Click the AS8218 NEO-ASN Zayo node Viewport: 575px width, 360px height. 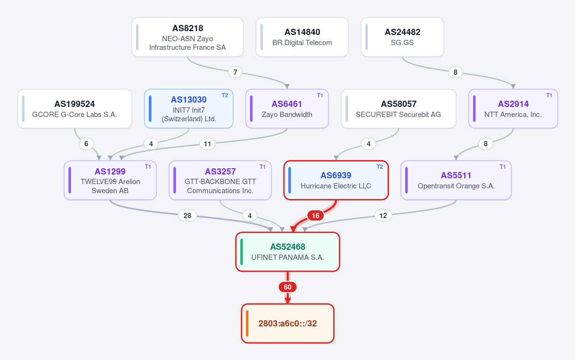pos(188,37)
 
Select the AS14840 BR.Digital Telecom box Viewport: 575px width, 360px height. pos(302,37)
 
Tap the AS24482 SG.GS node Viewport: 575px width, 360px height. pos(402,37)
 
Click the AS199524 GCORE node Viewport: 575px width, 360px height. pos(75,109)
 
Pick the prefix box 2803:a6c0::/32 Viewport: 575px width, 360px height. pos(288,324)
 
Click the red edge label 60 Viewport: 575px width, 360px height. pos(288,287)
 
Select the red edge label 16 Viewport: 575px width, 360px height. pos(316,216)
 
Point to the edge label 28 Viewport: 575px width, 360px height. pos(188,216)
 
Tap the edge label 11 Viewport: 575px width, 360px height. pos(208,144)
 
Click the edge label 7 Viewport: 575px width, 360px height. pos(235,72)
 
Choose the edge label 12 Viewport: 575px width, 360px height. pos(383,216)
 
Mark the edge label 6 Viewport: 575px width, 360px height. pos(86,144)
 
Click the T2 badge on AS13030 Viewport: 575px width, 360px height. pos(225,95)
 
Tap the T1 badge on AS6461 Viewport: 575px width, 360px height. pos(320,95)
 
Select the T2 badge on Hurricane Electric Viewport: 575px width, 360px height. pos(379,167)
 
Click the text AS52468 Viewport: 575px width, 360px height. pos(288,247)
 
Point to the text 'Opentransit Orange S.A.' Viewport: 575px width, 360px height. pos(456,186)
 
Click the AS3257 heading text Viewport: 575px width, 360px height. pos(220,172)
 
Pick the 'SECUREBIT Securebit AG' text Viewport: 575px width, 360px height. pos(398,115)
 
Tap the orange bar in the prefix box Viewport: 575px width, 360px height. pos(247,324)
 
